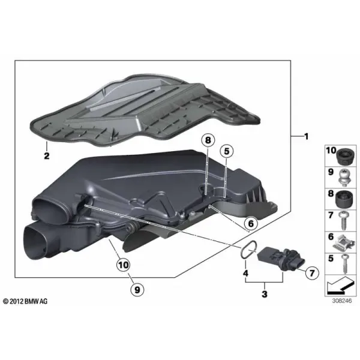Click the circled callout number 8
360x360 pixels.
click(208, 140)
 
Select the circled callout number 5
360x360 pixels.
click(226, 151)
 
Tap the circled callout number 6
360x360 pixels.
click(251, 223)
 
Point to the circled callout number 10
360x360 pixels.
click(123, 265)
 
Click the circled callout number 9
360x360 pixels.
click(137, 290)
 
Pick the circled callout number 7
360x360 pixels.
click(312, 273)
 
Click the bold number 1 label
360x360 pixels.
click(306, 137)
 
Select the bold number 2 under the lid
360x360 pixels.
click(47, 156)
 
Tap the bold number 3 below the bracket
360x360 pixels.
click(265, 294)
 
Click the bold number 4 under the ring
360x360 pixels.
click(245, 273)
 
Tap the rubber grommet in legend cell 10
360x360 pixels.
click(345, 157)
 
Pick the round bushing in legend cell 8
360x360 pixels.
click(345, 199)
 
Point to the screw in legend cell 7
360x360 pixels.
click(344, 220)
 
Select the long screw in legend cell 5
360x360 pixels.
click(345, 264)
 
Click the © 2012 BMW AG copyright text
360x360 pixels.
click(25, 301)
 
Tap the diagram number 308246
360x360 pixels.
click(341, 301)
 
